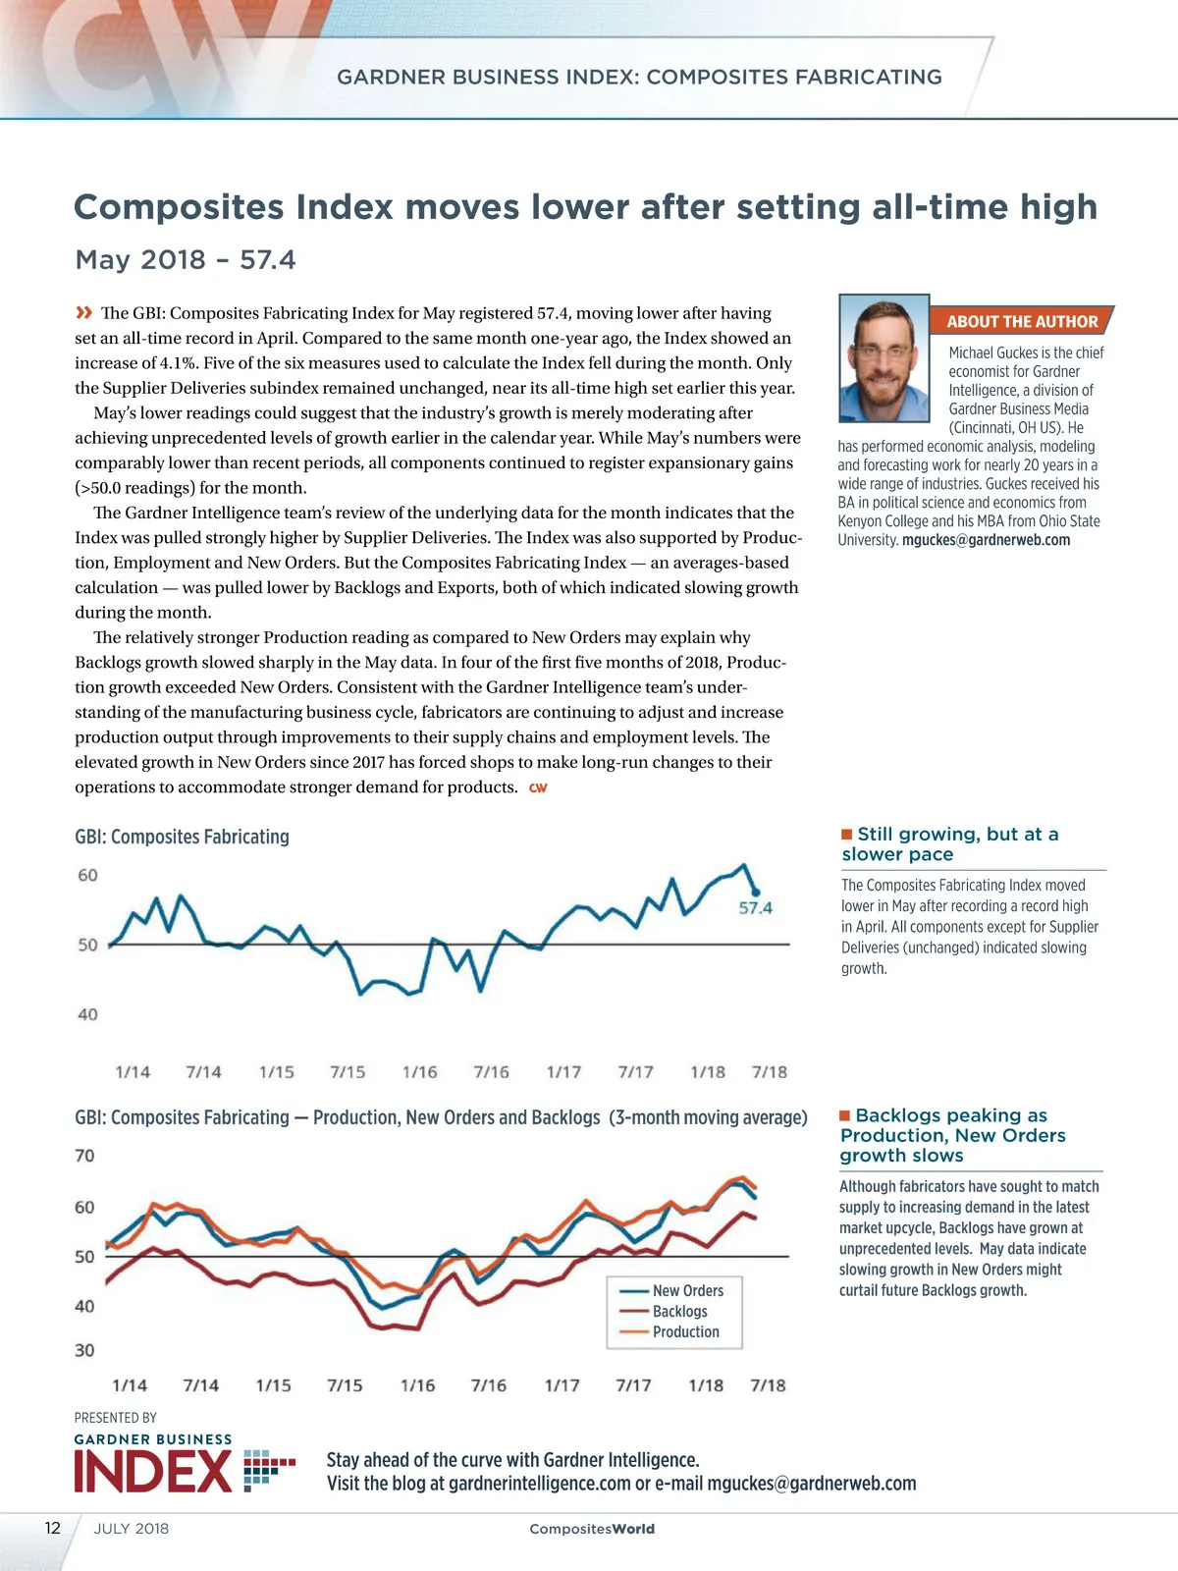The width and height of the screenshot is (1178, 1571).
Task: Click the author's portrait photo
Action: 883,358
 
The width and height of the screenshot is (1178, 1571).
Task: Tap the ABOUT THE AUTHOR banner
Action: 1021,321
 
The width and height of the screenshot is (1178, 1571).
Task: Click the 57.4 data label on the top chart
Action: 755,908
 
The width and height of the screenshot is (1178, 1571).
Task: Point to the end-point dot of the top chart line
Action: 755,892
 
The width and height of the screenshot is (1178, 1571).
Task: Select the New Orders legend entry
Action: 687,1290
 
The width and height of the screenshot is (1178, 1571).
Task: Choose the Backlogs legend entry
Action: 679,1311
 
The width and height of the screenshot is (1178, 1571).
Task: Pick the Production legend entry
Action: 685,1331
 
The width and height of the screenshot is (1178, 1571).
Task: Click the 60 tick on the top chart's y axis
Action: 87,875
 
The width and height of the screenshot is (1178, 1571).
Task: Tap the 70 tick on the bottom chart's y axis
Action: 84,1156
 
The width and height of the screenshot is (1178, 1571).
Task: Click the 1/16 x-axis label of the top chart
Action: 419,1072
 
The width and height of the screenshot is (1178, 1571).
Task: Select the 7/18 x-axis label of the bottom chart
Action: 768,1385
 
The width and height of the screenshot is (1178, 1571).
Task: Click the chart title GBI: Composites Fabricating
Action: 183,837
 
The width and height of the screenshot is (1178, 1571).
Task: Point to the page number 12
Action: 53,1528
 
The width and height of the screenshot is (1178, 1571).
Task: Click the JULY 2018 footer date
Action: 132,1529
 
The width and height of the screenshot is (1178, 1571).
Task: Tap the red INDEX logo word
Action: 153,1472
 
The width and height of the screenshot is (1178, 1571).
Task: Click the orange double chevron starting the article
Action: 84,313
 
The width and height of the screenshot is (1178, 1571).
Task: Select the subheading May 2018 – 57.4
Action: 186,260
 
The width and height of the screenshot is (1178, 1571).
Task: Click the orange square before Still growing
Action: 847,835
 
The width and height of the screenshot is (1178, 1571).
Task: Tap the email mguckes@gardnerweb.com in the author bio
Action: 986,540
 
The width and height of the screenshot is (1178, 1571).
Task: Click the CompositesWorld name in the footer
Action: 592,1529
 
